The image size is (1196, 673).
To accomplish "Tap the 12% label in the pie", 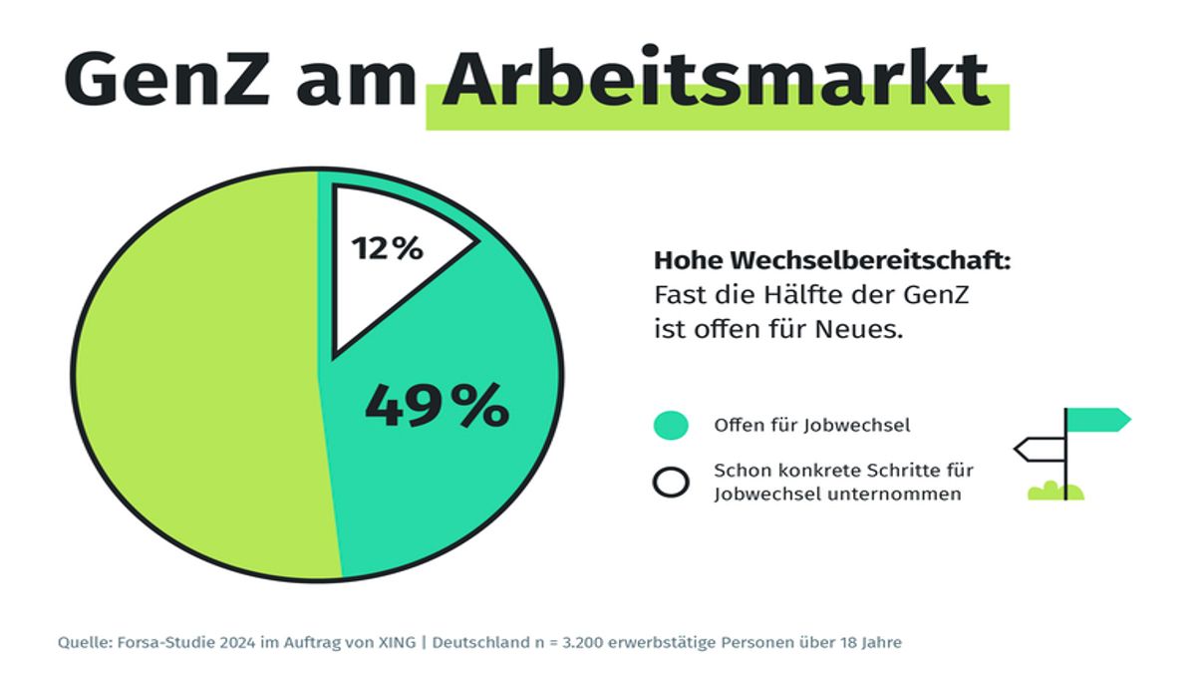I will (387, 247).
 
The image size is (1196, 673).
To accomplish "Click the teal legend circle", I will (671, 426).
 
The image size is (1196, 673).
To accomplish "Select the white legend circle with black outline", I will (671, 482).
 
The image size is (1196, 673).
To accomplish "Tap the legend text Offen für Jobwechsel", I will (812, 426).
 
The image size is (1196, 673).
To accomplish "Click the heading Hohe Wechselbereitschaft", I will (832, 261).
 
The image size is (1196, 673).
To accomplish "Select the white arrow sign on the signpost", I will (1039, 450).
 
